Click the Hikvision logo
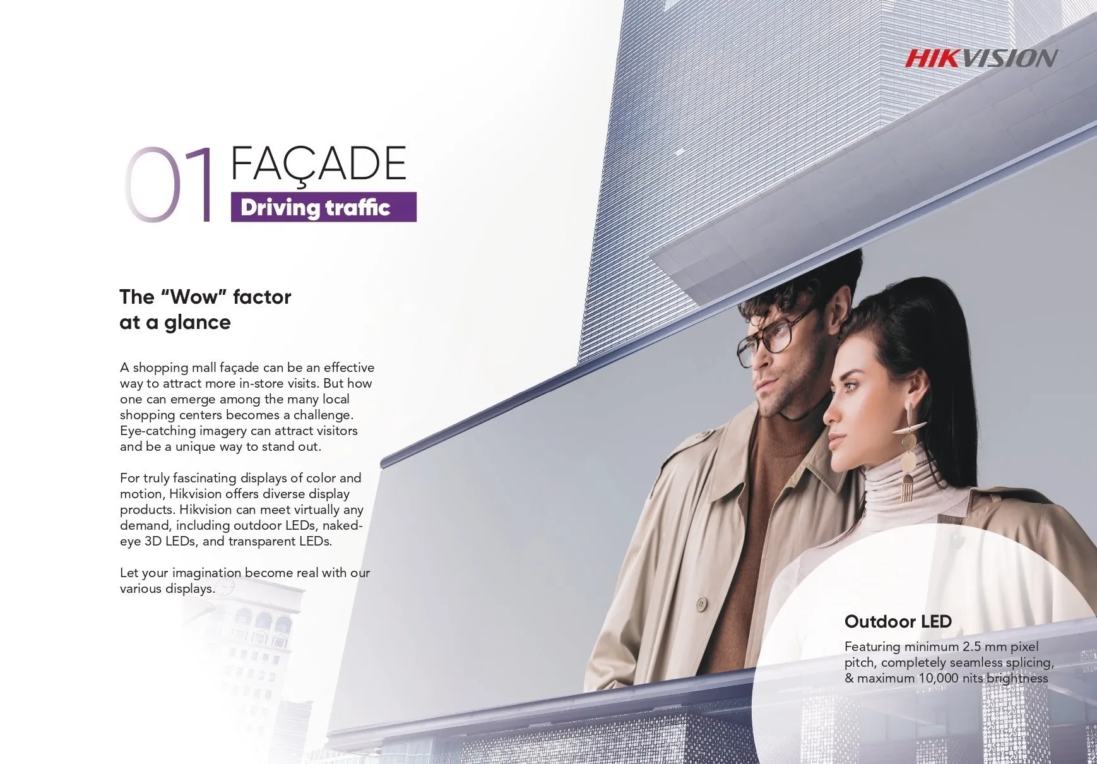(981, 58)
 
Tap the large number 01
(169, 184)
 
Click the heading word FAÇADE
(319, 164)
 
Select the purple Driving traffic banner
(324, 207)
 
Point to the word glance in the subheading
(198, 323)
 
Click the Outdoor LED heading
(898, 621)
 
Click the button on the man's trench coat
(699, 604)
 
